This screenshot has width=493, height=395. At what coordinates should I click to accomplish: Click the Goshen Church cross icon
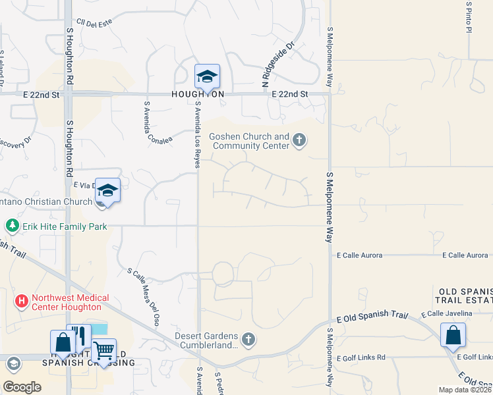(x=300, y=140)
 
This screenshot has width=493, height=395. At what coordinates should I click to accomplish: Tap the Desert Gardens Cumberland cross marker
(x=248, y=340)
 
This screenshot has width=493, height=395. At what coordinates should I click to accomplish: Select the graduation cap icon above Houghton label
(x=207, y=76)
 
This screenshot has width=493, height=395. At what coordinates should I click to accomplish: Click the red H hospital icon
(x=22, y=302)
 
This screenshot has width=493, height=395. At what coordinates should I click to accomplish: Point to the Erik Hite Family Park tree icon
(x=11, y=226)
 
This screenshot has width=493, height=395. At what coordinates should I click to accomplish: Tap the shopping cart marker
(x=103, y=350)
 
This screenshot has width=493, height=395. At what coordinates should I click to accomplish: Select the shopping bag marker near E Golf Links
(x=453, y=334)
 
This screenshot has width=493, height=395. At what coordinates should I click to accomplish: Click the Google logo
(x=22, y=386)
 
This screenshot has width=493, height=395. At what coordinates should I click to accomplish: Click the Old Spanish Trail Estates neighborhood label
(x=464, y=296)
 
